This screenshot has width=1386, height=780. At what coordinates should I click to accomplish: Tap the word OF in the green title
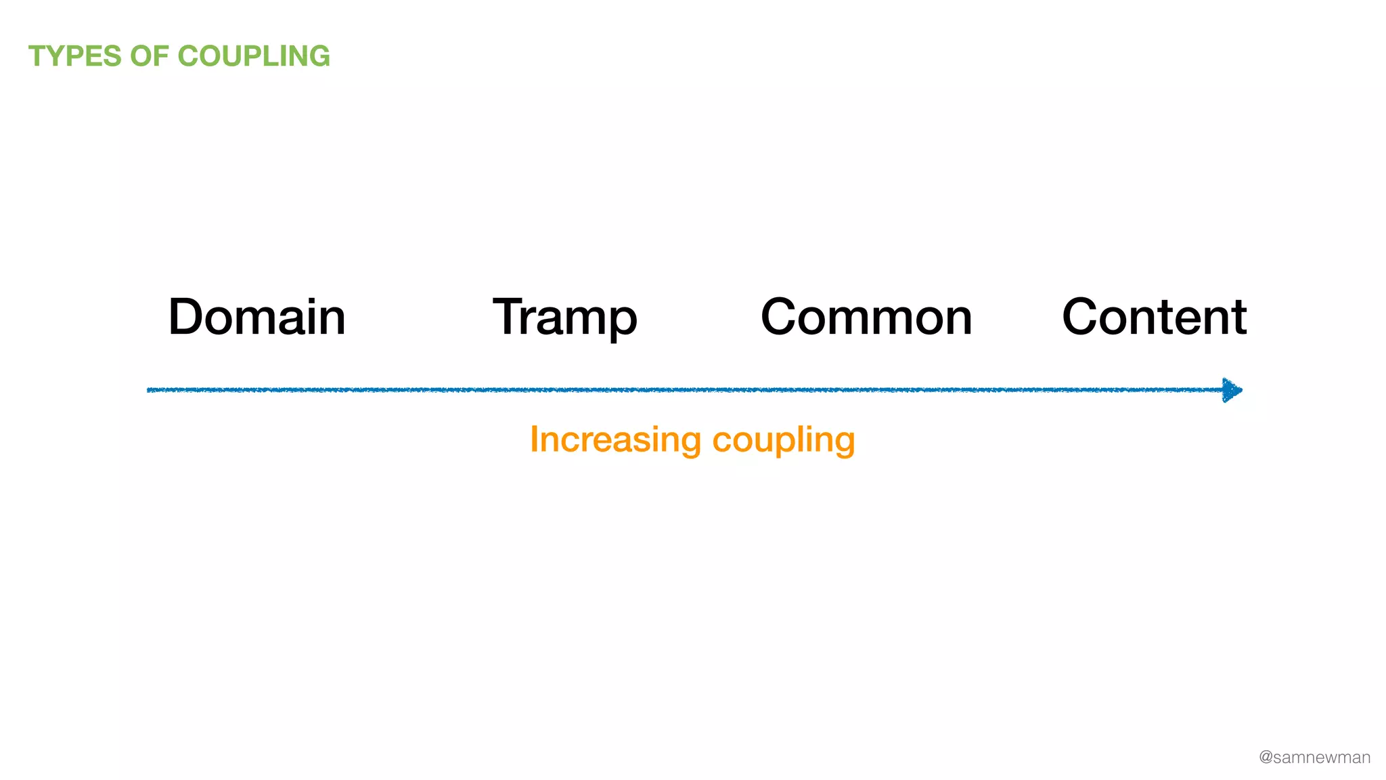click(x=150, y=56)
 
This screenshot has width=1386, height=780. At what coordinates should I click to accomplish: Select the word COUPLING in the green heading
click(x=254, y=56)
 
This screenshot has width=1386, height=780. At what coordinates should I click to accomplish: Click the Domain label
click(x=256, y=317)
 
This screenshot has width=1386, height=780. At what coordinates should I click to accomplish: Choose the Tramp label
click(x=565, y=317)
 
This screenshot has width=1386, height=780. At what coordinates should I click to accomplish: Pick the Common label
click(x=866, y=317)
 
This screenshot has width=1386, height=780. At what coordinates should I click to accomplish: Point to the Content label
click(x=1154, y=317)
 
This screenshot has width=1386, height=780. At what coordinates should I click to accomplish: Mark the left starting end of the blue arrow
click(x=150, y=390)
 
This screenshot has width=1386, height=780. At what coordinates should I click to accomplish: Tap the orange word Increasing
click(x=615, y=439)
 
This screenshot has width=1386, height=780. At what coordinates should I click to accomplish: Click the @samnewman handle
click(x=1314, y=758)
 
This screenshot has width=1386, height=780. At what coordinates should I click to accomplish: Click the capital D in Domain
click(x=187, y=317)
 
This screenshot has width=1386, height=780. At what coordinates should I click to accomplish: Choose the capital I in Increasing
click(x=534, y=439)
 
